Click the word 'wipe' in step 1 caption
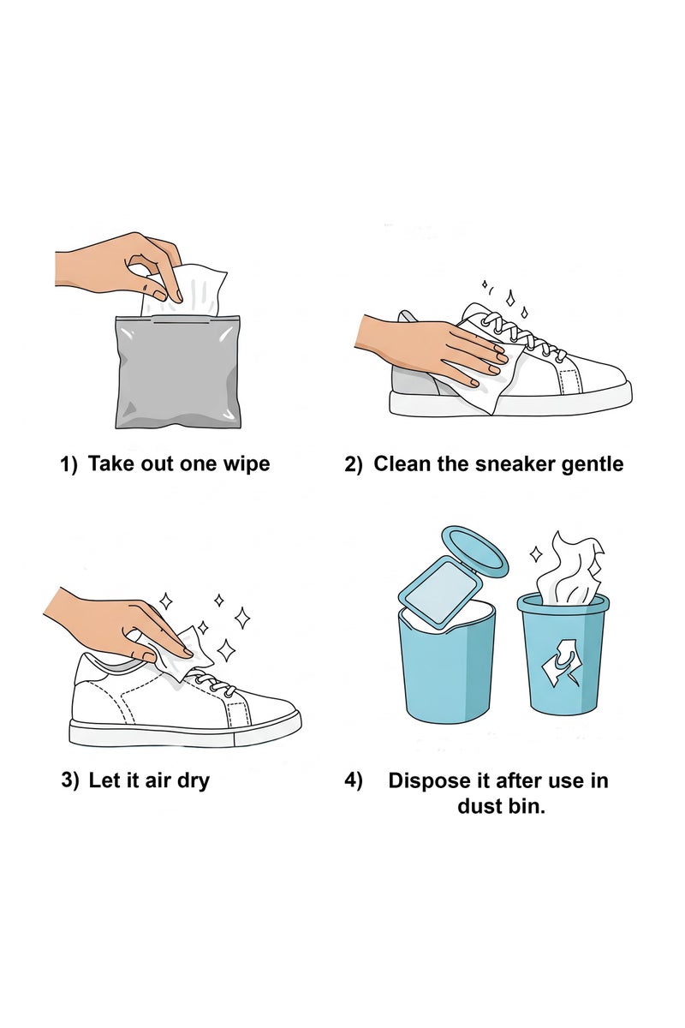point(246,464)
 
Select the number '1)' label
point(68,464)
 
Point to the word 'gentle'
point(592,464)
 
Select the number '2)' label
point(354,464)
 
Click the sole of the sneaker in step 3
point(184,733)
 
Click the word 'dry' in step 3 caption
point(192,780)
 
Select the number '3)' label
point(70,780)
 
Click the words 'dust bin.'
point(501,806)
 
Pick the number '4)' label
point(354,780)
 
